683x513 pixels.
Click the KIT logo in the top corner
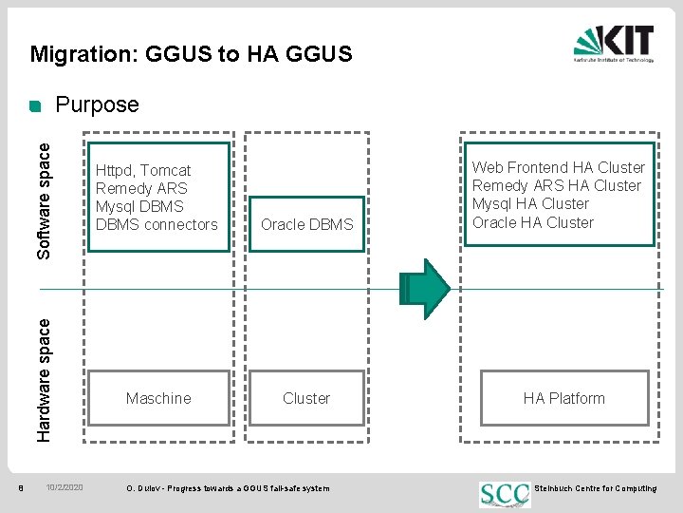(613, 43)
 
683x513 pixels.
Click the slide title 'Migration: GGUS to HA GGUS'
(191, 54)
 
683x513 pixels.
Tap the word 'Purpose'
(98, 104)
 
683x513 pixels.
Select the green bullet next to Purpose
(36, 105)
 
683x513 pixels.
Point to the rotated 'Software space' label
(45, 199)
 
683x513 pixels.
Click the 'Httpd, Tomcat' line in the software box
(143, 171)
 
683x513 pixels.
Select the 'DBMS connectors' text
(157, 224)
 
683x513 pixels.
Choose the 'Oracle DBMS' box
(306, 225)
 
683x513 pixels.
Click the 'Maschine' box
(158, 398)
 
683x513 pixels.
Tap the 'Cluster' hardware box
(306, 398)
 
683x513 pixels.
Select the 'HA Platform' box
(563, 398)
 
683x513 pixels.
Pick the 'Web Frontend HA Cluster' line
(558, 167)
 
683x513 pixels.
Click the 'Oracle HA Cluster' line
(533, 222)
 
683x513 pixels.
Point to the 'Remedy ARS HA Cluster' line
(557, 185)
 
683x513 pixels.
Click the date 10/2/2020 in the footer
(65, 488)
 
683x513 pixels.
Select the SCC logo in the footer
(505, 492)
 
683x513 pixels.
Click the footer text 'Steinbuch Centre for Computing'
(596, 488)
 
